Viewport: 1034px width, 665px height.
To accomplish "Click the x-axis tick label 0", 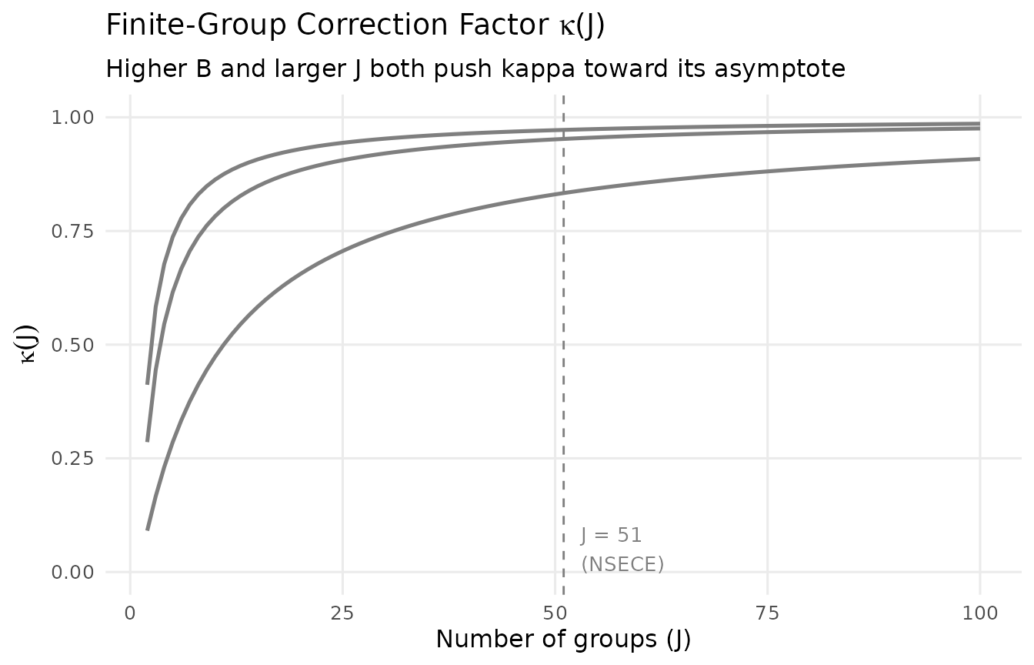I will [130, 613].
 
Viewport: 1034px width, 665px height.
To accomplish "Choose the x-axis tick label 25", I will [342, 613].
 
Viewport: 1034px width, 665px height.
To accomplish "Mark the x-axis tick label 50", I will [555, 613].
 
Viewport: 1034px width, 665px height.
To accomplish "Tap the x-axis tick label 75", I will [768, 613].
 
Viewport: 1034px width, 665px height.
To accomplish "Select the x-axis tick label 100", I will [979, 613].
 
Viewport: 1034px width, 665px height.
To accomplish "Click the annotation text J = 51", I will [611, 535].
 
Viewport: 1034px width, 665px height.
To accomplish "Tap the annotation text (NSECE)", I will [622, 564].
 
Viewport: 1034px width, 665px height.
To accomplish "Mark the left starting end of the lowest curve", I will [147, 530].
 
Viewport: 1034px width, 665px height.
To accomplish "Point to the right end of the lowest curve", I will [979, 159].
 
